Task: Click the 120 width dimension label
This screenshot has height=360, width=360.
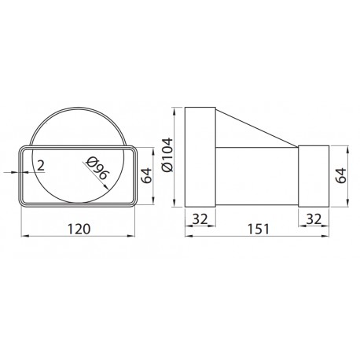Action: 79,229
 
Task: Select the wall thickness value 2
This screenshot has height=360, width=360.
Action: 41,166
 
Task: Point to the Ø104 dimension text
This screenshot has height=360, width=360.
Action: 167,155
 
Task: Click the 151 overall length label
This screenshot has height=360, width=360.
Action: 259,229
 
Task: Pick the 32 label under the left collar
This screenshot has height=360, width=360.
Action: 200,219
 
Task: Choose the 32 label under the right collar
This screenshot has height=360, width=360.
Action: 314,219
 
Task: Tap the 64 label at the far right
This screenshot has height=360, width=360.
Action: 341,175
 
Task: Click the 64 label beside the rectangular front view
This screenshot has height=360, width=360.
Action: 146,175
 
